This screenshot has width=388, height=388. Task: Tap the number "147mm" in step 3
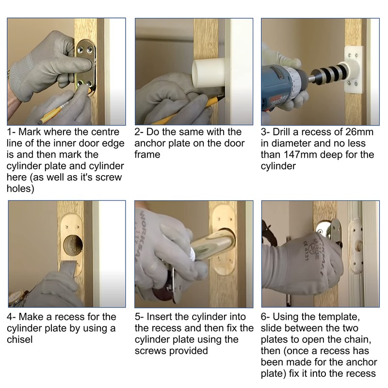[x=301, y=155]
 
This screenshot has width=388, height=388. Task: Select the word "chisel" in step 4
[x=20, y=339]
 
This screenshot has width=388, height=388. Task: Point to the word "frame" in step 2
[x=147, y=155]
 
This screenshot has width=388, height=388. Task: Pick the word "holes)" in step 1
[x=20, y=189]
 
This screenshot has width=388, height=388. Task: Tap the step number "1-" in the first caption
[x=11, y=132]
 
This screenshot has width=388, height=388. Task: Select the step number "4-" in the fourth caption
[x=11, y=317]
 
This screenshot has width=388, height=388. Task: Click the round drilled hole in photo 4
[x=73, y=245]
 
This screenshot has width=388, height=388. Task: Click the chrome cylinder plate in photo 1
[x=86, y=67]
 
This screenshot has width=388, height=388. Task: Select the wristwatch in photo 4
[x=17, y=298]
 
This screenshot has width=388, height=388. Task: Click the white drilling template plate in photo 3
[x=354, y=70]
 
